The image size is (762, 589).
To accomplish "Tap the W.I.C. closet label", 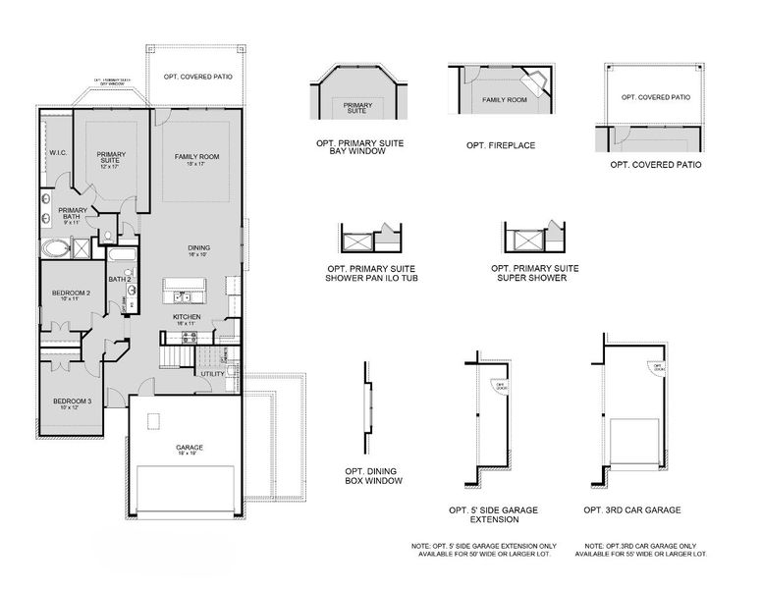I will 57,153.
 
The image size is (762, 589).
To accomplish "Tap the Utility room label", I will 212,374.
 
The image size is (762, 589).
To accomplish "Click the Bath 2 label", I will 120,280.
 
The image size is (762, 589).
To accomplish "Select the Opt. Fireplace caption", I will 501,145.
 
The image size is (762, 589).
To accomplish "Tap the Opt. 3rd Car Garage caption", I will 631,510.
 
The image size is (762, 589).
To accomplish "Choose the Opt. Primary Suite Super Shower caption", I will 534,273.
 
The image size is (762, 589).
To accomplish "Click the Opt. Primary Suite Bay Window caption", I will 359,148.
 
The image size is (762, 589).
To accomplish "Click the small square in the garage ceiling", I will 152,420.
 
